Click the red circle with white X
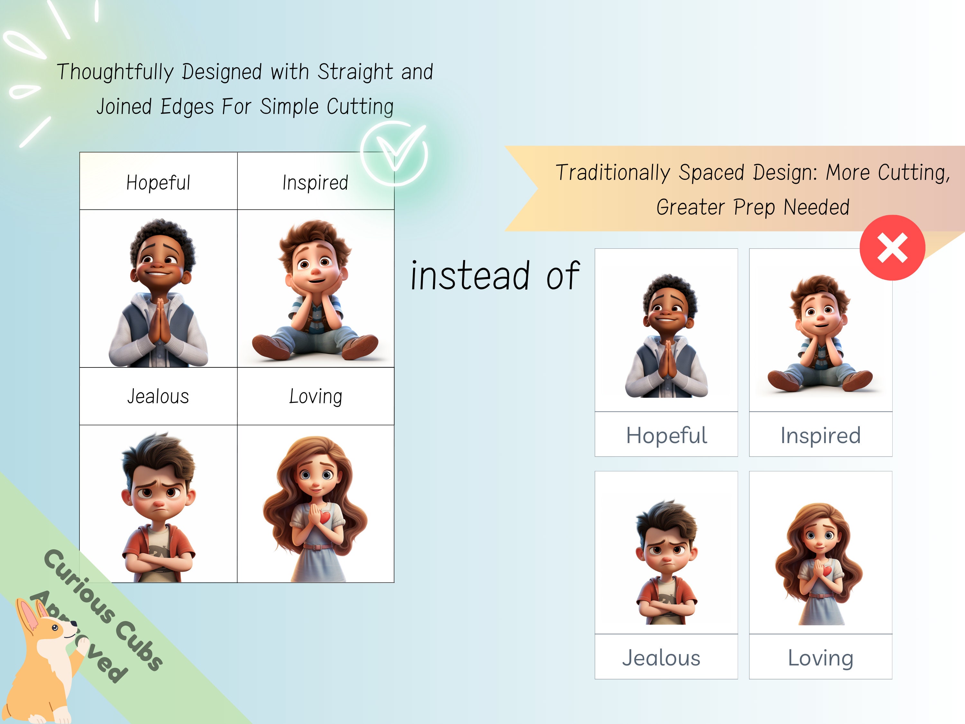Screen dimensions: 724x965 tap(892, 247)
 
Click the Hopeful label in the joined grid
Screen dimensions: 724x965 tap(158, 182)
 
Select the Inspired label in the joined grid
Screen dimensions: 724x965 tap(315, 182)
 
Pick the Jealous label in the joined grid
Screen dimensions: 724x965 tap(158, 396)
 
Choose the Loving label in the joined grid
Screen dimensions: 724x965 tap(316, 396)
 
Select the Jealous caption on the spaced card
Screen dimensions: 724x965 tap(661, 658)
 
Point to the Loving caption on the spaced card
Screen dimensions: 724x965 tap(820, 658)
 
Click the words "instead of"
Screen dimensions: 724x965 tap(495, 276)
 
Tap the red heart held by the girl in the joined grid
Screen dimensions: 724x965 tap(325, 517)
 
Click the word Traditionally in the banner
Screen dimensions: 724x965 tap(612, 173)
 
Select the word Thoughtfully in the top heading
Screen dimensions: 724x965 tap(115, 72)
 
